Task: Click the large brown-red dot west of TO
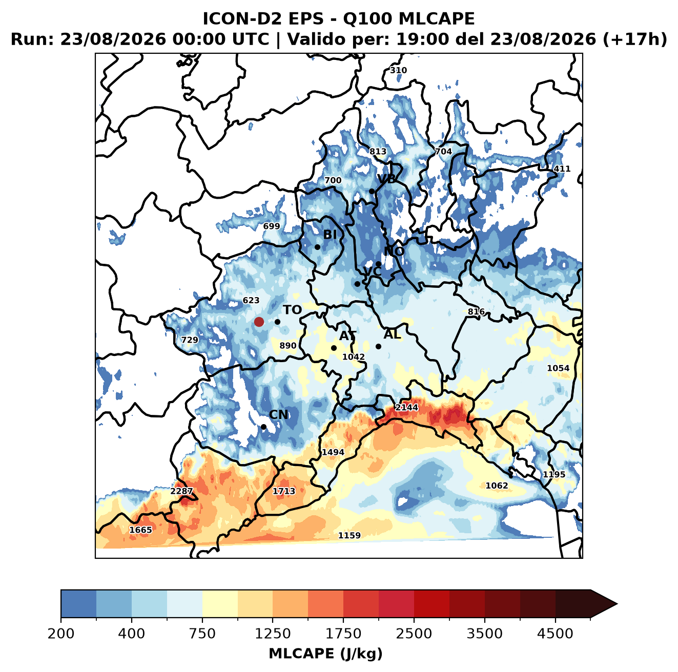click(x=259, y=322)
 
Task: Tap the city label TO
click(x=293, y=310)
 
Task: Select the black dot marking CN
click(x=263, y=427)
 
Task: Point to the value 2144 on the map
click(x=407, y=407)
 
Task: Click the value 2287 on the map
click(x=181, y=491)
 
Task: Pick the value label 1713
click(x=284, y=491)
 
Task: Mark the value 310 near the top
click(x=398, y=70)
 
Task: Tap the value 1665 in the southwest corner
click(x=141, y=530)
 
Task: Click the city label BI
click(x=330, y=235)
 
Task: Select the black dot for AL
click(x=378, y=346)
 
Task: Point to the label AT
click(x=347, y=336)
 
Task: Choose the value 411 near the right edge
click(x=562, y=169)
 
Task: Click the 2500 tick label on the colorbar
click(x=414, y=634)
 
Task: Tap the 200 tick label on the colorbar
click(x=61, y=634)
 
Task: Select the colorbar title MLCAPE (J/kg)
click(x=325, y=654)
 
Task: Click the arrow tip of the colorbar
click(x=617, y=604)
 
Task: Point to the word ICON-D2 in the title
click(x=242, y=18)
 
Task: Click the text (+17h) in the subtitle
click(x=634, y=39)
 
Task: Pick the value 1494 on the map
click(x=333, y=452)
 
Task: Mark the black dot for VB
click(x=372, y=191)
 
